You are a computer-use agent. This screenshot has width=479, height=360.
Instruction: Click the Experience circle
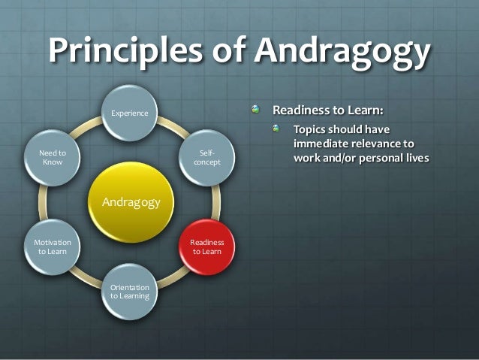130,113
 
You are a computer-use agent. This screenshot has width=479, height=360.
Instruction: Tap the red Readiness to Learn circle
206,247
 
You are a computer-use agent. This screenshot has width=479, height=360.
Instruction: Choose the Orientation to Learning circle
130,291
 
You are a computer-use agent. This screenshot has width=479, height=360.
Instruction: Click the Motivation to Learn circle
53,247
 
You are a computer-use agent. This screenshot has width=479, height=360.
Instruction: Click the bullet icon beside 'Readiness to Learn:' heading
257,110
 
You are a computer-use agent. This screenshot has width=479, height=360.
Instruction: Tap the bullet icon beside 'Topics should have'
276,129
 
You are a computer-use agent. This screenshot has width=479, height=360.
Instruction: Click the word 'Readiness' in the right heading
300,110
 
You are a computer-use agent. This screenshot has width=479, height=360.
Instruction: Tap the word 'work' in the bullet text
308,159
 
